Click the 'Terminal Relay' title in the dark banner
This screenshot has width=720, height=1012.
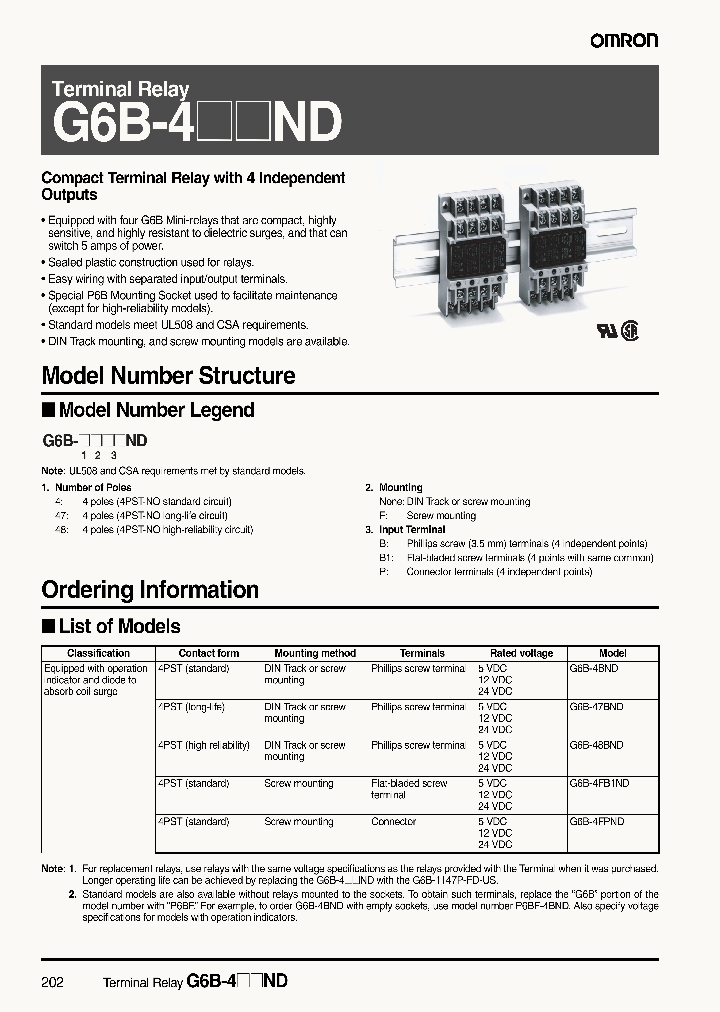(x=120, y=90)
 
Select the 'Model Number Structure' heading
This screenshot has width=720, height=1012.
(x=168, y=376)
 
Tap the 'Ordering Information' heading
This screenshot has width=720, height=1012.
(x=150, y=590)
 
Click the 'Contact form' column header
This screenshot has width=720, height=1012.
(x=209, y=653)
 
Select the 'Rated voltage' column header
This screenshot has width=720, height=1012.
(x=521, y=653)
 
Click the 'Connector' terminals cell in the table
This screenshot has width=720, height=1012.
(x=393, y=822)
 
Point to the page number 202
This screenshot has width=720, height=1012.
(x=53, y=983)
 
